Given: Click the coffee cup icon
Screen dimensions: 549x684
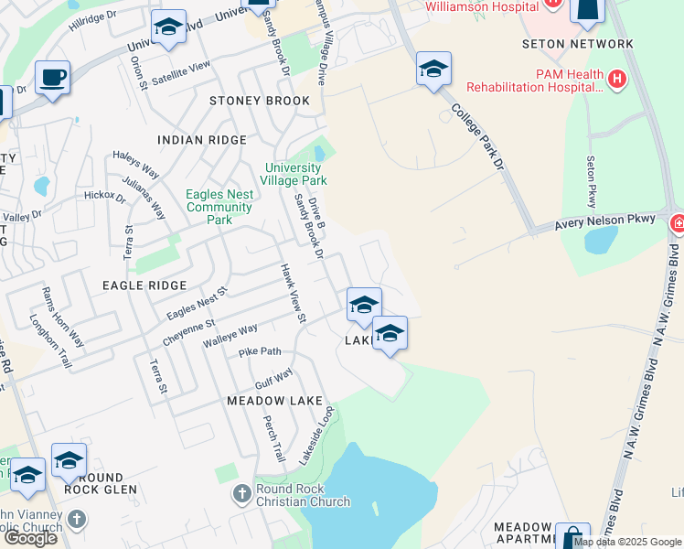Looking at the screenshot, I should [53, 77].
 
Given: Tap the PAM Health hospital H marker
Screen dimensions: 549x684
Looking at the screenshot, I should [617, 80].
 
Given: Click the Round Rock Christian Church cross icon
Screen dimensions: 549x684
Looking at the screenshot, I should [242, 494].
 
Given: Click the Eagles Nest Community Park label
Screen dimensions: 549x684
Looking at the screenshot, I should [219, 207].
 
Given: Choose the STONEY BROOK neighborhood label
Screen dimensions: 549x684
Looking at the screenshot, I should [260, 101].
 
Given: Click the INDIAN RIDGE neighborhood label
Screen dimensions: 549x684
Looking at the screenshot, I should [202, 140].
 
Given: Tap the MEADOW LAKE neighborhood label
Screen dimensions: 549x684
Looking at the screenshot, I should [274, 401].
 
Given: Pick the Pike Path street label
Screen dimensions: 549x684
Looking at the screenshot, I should [260, 351].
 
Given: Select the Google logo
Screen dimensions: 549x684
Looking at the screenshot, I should [30, 538].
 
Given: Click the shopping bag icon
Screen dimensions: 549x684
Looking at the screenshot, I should [572, 538].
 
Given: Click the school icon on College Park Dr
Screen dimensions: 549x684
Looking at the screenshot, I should [433, 69].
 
